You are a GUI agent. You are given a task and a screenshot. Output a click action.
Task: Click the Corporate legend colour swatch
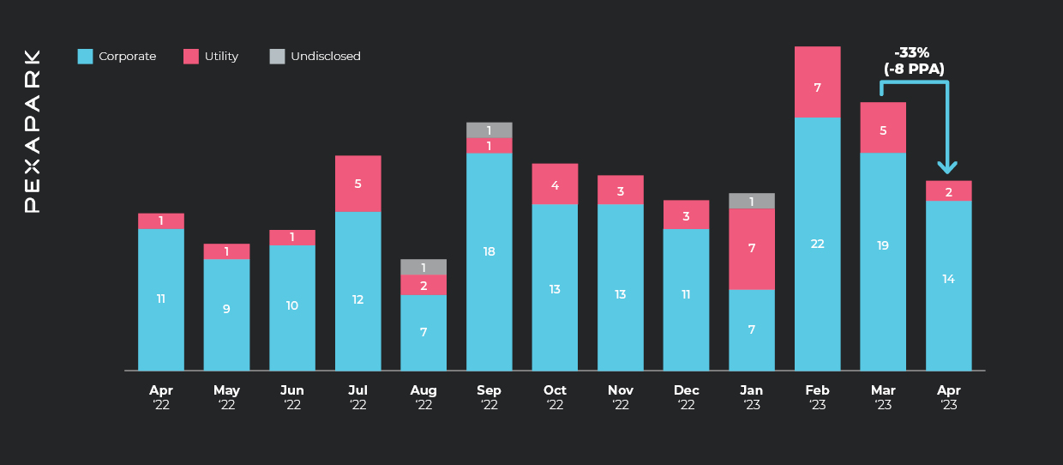(x=85, y=57)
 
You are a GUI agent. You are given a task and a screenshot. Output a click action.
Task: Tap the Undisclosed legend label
(x=325, y=57)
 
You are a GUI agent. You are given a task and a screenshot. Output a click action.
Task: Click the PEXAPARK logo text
(x=32, y=131)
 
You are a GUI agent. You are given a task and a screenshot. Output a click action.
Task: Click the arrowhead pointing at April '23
(x=947, y=167)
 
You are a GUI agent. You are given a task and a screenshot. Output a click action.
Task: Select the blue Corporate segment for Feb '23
(x=817, y=244)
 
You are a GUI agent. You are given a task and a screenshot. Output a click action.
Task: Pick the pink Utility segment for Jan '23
(x=752, y=249)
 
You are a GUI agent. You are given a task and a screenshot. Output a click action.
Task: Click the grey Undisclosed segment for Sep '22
(x=489, y=130)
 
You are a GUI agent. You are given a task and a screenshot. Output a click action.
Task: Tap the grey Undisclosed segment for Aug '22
(x=423, y=267)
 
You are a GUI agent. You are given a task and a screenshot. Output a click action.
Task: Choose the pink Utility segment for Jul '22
(x=357, y=184)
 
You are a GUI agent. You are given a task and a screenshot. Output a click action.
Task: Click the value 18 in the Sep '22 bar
(x=489, y=252)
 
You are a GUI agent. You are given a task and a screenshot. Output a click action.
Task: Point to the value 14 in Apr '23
(x=948, y=279)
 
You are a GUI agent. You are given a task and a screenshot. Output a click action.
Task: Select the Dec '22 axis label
(x=686, y=397)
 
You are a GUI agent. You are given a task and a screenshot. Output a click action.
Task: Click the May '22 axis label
(x=226, y=397)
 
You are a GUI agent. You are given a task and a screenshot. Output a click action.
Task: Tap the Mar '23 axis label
(x=883, y=397)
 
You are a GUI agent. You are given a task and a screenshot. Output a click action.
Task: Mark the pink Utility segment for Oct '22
(x=555, y=184)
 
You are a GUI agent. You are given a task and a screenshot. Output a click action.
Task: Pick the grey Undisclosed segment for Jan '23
(x=752, y=201)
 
